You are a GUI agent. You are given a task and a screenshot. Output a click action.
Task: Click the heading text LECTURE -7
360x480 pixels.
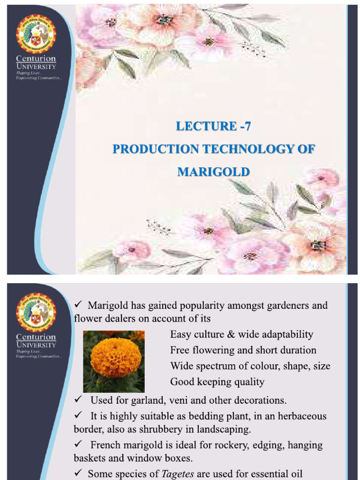pyautogui.click(x=213, y=126)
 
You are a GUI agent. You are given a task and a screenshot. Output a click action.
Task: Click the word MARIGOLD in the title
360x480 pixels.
pyautogui.click(x=213, y=172)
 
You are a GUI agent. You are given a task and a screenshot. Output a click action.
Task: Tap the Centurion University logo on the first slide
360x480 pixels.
pyautogui.click(x=36, y=34)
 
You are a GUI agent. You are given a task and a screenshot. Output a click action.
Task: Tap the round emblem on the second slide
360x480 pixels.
pyautogui.click(x=36, y=312)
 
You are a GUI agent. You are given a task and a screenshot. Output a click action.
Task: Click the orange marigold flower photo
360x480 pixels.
pyautogui.click(x=113, y=361)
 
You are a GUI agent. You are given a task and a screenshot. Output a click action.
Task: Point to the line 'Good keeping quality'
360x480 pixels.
pyautogui.click(x=217, y=382)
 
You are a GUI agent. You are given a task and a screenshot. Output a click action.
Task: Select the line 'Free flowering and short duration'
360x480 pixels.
pyautogui.click(x=243, y=350)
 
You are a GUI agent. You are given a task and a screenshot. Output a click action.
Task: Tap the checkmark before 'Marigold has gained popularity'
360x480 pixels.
pyautogui.click(x=78, y=306)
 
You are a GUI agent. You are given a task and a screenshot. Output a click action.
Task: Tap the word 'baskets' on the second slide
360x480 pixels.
pyautogui.click(x=89, y=458)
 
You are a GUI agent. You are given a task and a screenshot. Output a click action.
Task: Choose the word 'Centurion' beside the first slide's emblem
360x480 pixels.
pyautogui.click(x=36, y=59)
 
